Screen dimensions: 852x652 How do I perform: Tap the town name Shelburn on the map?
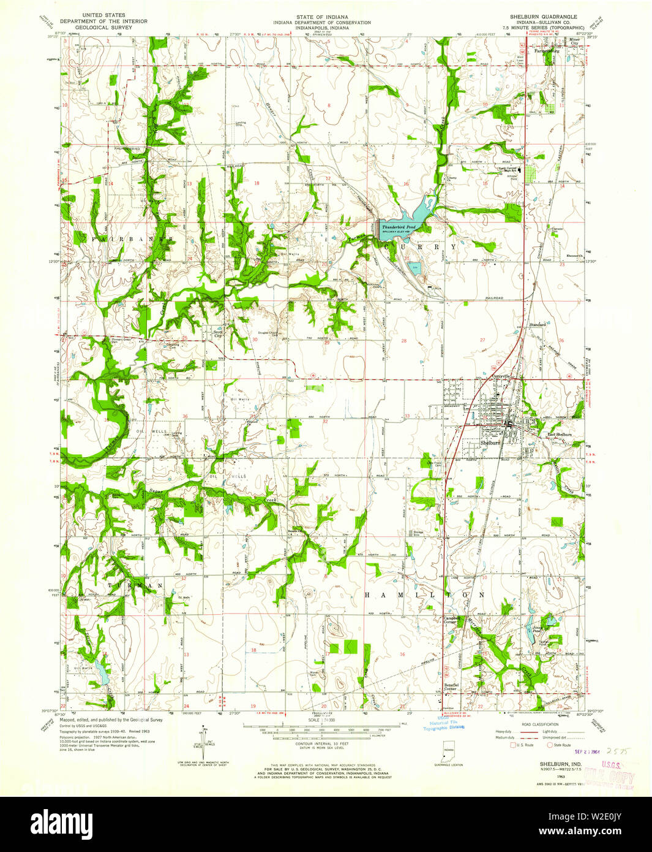490,443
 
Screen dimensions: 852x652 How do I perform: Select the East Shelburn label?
559,435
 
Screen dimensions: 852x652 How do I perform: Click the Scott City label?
217,333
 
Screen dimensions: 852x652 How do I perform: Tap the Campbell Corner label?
452,620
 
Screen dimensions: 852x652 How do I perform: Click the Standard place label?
537,324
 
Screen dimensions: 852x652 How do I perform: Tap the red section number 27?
482,340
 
